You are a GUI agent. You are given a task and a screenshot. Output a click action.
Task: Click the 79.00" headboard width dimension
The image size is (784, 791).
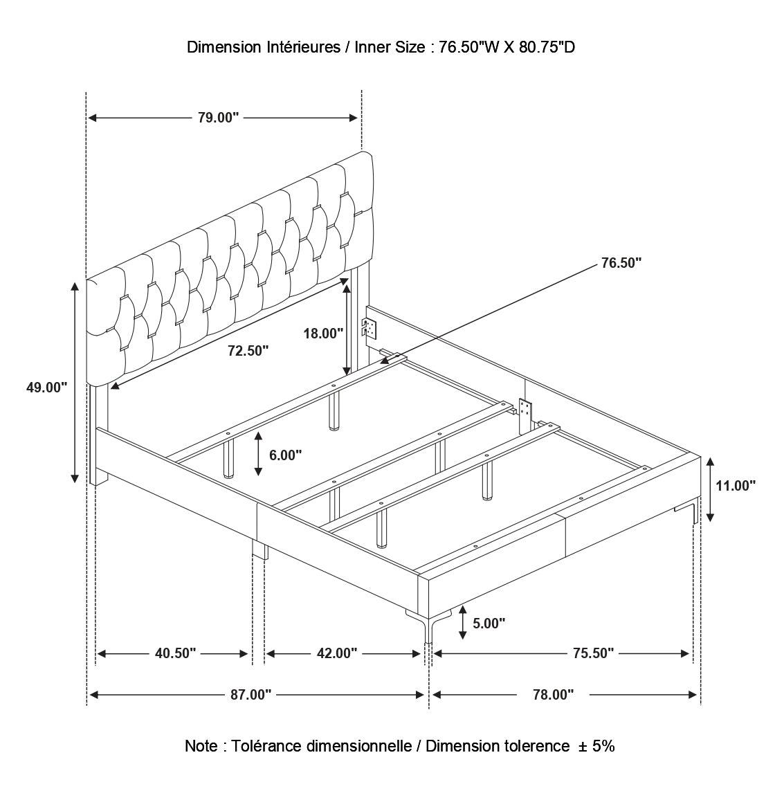(x=218, y=118)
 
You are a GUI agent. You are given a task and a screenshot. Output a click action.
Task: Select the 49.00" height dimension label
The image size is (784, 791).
(x=46, y=388)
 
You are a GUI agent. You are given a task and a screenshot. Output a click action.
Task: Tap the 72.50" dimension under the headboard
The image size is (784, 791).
(x=248, y=351)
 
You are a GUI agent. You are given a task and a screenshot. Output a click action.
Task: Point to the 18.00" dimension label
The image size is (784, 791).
(x=323, y=334)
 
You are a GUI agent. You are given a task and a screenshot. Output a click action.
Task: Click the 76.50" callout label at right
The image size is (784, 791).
(x=621, y=263)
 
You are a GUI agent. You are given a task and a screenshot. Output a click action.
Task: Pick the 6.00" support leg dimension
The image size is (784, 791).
(x=285, y=455)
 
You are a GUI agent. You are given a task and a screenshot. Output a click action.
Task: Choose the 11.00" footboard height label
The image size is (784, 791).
(x=736, y=486)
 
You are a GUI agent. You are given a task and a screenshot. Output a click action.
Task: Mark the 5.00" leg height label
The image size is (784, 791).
(x=489, y=624)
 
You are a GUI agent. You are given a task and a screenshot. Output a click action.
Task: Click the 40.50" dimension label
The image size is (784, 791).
(x=175, y=653)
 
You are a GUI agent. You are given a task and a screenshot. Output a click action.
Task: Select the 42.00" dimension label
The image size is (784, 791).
(x=336, y=653)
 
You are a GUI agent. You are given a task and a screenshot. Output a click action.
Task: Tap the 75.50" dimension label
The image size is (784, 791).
(x=593, y=653)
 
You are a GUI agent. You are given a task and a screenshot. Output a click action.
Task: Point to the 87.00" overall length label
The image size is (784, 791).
(x=250, y=695)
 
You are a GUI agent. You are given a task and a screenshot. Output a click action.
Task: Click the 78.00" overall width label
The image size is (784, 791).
(x=554, y=695)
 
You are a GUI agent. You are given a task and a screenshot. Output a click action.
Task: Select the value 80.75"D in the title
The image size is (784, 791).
(x=547, y=48)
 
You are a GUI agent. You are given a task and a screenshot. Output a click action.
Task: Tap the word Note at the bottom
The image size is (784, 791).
(x=201, y=746)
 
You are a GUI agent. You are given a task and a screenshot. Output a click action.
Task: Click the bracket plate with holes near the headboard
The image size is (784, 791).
(x=370, y=328)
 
